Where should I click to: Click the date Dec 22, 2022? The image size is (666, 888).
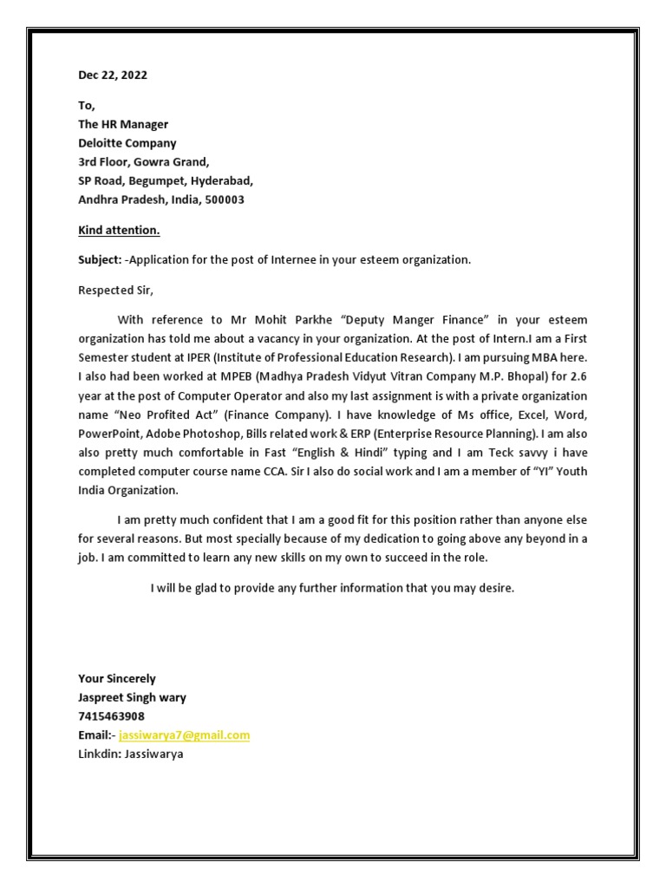(113, 75)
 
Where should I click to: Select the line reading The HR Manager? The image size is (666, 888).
(123, 125)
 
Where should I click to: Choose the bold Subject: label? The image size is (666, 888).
(100, 260)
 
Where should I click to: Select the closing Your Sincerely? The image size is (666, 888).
(117, 679)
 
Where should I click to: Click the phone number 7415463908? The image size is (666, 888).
(112, 716)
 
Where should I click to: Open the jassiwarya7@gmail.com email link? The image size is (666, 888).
(184, 735)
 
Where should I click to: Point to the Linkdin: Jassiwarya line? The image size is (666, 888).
(131, 754)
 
